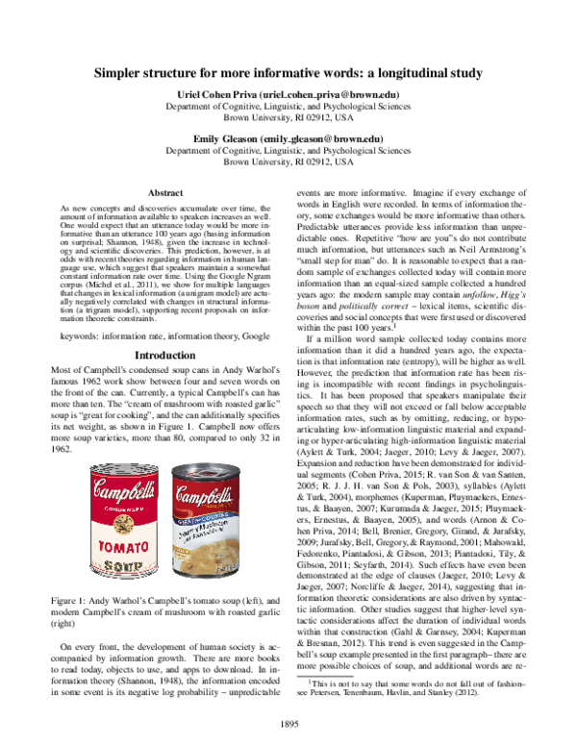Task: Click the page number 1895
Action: tap(288, 722)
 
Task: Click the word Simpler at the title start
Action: tap(119, 72)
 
